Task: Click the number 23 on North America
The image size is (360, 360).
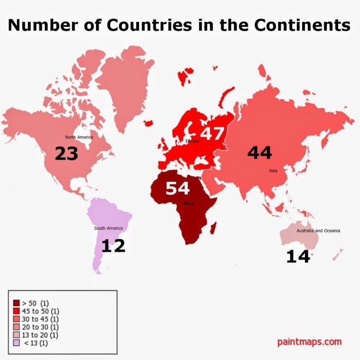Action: coord(66,153)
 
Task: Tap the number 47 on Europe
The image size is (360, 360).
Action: coord(212,133)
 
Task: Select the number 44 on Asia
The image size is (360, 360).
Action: coord(259,153)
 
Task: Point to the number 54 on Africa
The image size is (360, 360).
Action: coord(177,189)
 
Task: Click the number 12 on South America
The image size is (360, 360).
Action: coord(113,246)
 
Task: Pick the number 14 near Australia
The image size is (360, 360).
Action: coord(298,257)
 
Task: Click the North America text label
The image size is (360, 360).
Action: coord(79,137)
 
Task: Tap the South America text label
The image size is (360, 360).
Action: coord(108,228)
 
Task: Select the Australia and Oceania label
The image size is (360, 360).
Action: coord(318,231)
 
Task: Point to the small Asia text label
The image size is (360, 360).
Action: coord(273,170)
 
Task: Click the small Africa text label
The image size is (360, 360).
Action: coord(189,204)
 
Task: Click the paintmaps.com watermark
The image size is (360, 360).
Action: coord(309,341)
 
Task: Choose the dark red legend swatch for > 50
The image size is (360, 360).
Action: coord(16,303)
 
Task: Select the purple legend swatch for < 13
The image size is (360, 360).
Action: coord(16,343)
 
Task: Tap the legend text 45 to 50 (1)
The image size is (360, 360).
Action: coord(40,311)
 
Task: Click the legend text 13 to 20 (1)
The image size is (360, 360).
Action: coord(40,335)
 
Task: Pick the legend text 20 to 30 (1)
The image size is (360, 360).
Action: coord(40,327)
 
